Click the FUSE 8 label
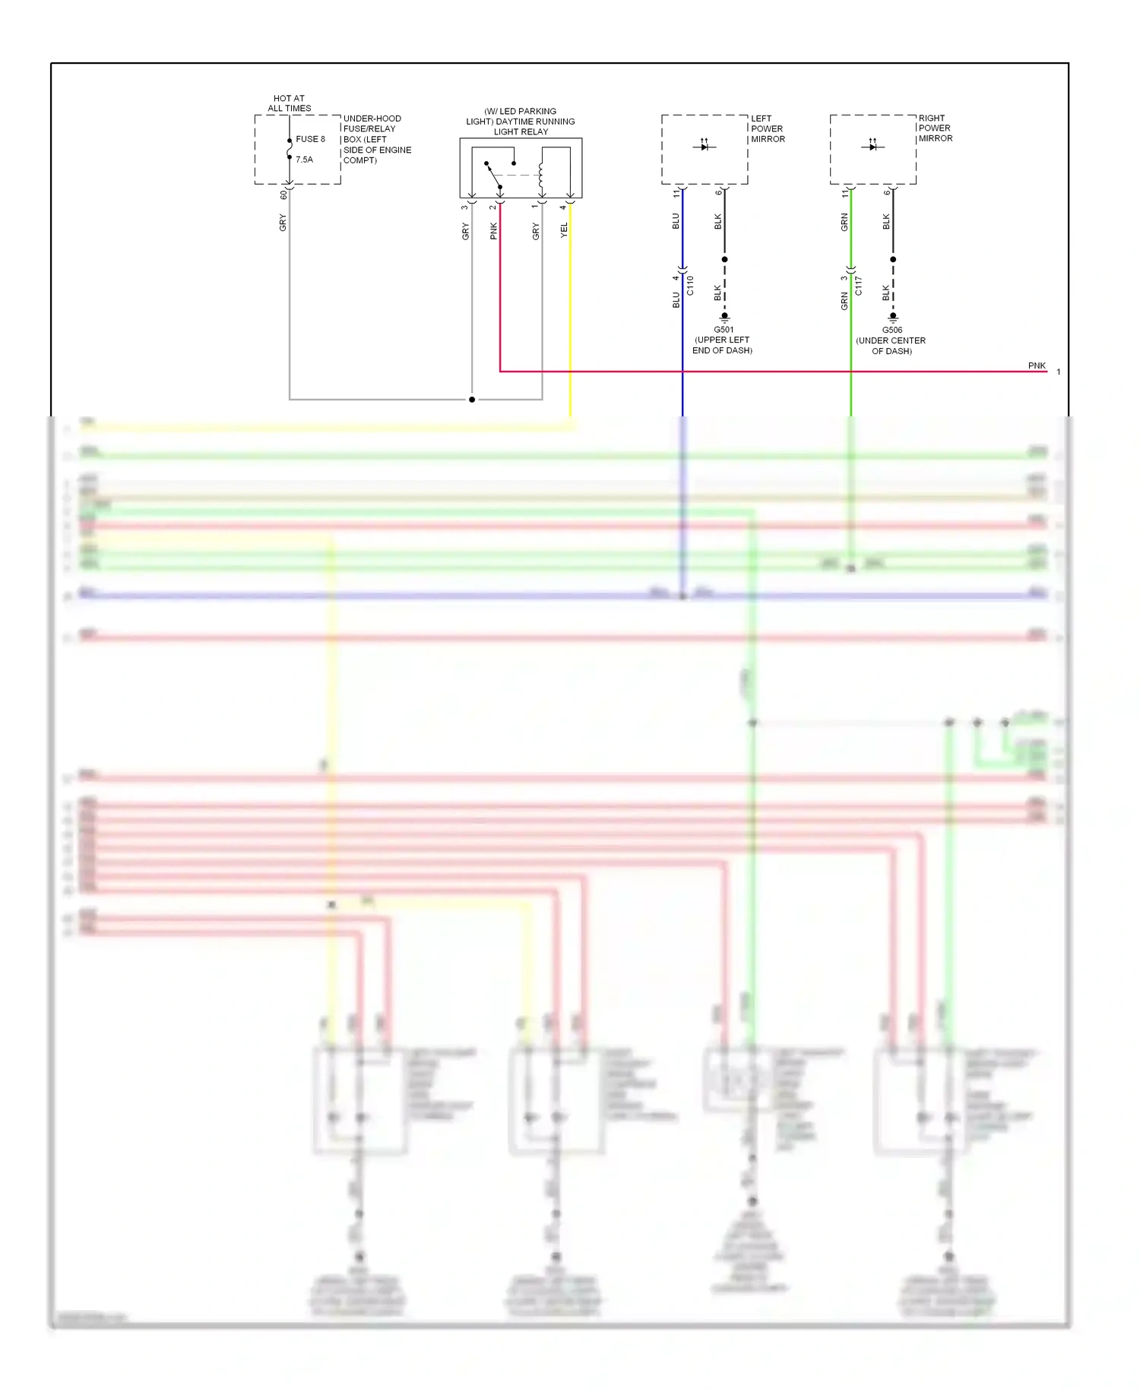click(x=310, y=139)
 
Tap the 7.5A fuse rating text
click(x=304, y=160)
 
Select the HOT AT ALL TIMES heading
click(x=289, y=103)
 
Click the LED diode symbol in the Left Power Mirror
click(x=705, y=145)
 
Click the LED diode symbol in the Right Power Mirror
click(x=872, y=145)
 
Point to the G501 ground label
click(x=724, y=330)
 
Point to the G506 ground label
click(x=892, y=330)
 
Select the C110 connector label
click(x=690, y=286)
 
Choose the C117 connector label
click(x=858, y=286)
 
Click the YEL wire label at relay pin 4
click(x=564, y=230)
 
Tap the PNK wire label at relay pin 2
click(x=493, y=231)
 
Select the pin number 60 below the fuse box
click(x=283, y=195)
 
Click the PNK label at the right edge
click(x=1037, y=365)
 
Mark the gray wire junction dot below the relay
click(x=472, y=399)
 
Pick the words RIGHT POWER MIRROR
click(x=935, y=128)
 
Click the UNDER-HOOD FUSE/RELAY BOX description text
click(x=376, y=139)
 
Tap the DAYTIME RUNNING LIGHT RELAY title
click(x=521, y=122)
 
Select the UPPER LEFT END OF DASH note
click(x=722, y=345)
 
